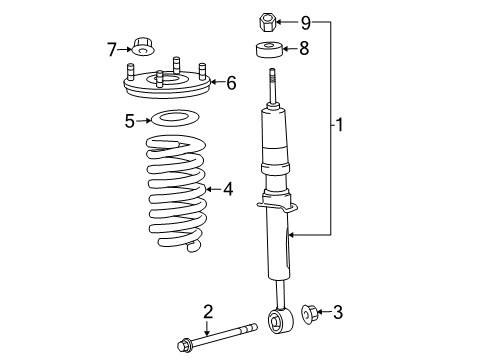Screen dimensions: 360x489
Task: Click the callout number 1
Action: coord(340,125)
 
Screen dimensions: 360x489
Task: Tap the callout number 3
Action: coord(337,313)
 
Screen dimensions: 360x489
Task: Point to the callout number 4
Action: coord(228,187)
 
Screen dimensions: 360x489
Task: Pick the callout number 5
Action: coord(129,121)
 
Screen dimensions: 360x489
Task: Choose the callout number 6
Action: coord(231,84)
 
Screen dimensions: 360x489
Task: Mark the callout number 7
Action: coord(113,47)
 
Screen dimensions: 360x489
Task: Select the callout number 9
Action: coord(306,20)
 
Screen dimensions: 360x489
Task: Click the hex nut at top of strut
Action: coord(268,20)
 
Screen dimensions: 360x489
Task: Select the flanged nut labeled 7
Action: coord(145,47)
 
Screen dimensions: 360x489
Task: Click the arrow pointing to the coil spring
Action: coord(212,187)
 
